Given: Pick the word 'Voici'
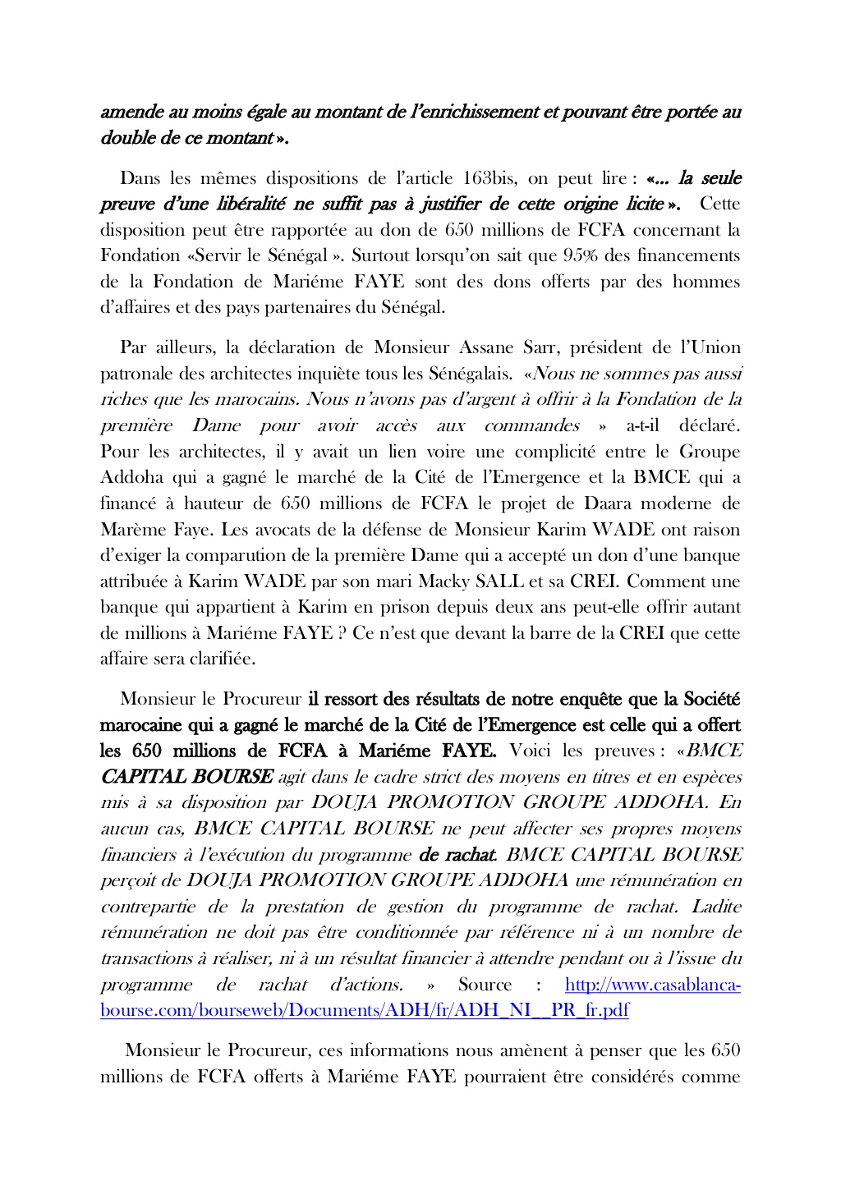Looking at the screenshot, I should click(531, 751).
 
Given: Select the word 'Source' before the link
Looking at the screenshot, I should click(485, 985).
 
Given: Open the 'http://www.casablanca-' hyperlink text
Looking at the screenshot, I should click(653, 985).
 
